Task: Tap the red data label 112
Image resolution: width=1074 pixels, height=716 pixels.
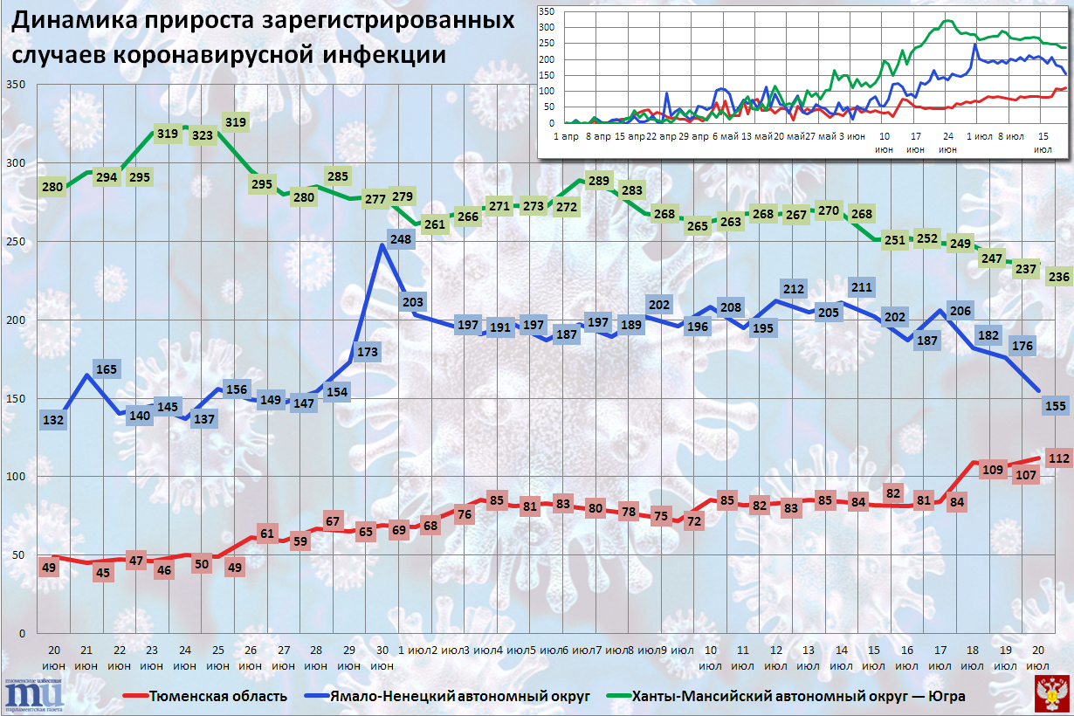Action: point(1058,458)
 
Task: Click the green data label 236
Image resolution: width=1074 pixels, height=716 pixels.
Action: point(1058,277)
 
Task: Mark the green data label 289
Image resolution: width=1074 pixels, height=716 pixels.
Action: point(597,181)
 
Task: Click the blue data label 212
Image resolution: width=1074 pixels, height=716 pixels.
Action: point(794,289)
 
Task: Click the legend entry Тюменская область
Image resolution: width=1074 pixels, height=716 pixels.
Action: point(217,696)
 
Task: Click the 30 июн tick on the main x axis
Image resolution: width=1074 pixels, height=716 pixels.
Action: point(382,657)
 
